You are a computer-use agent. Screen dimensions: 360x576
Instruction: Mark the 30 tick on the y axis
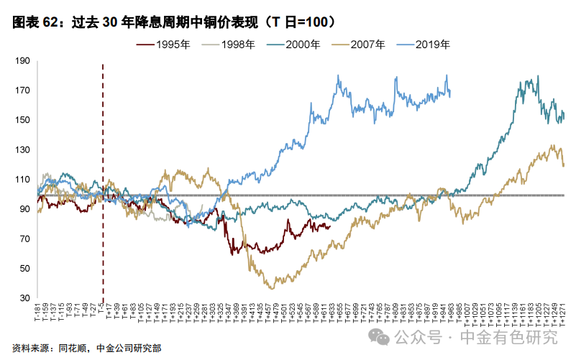click(24, 298)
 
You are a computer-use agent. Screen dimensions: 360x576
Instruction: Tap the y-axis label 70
click(24, 239)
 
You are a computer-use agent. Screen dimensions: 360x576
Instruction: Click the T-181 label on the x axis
click(37, 313)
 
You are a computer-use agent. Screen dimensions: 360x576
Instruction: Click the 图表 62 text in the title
click(35, 22)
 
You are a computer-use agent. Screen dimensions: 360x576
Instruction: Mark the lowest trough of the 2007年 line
click(271, 288)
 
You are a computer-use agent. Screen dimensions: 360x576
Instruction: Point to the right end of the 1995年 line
click(329, 227)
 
